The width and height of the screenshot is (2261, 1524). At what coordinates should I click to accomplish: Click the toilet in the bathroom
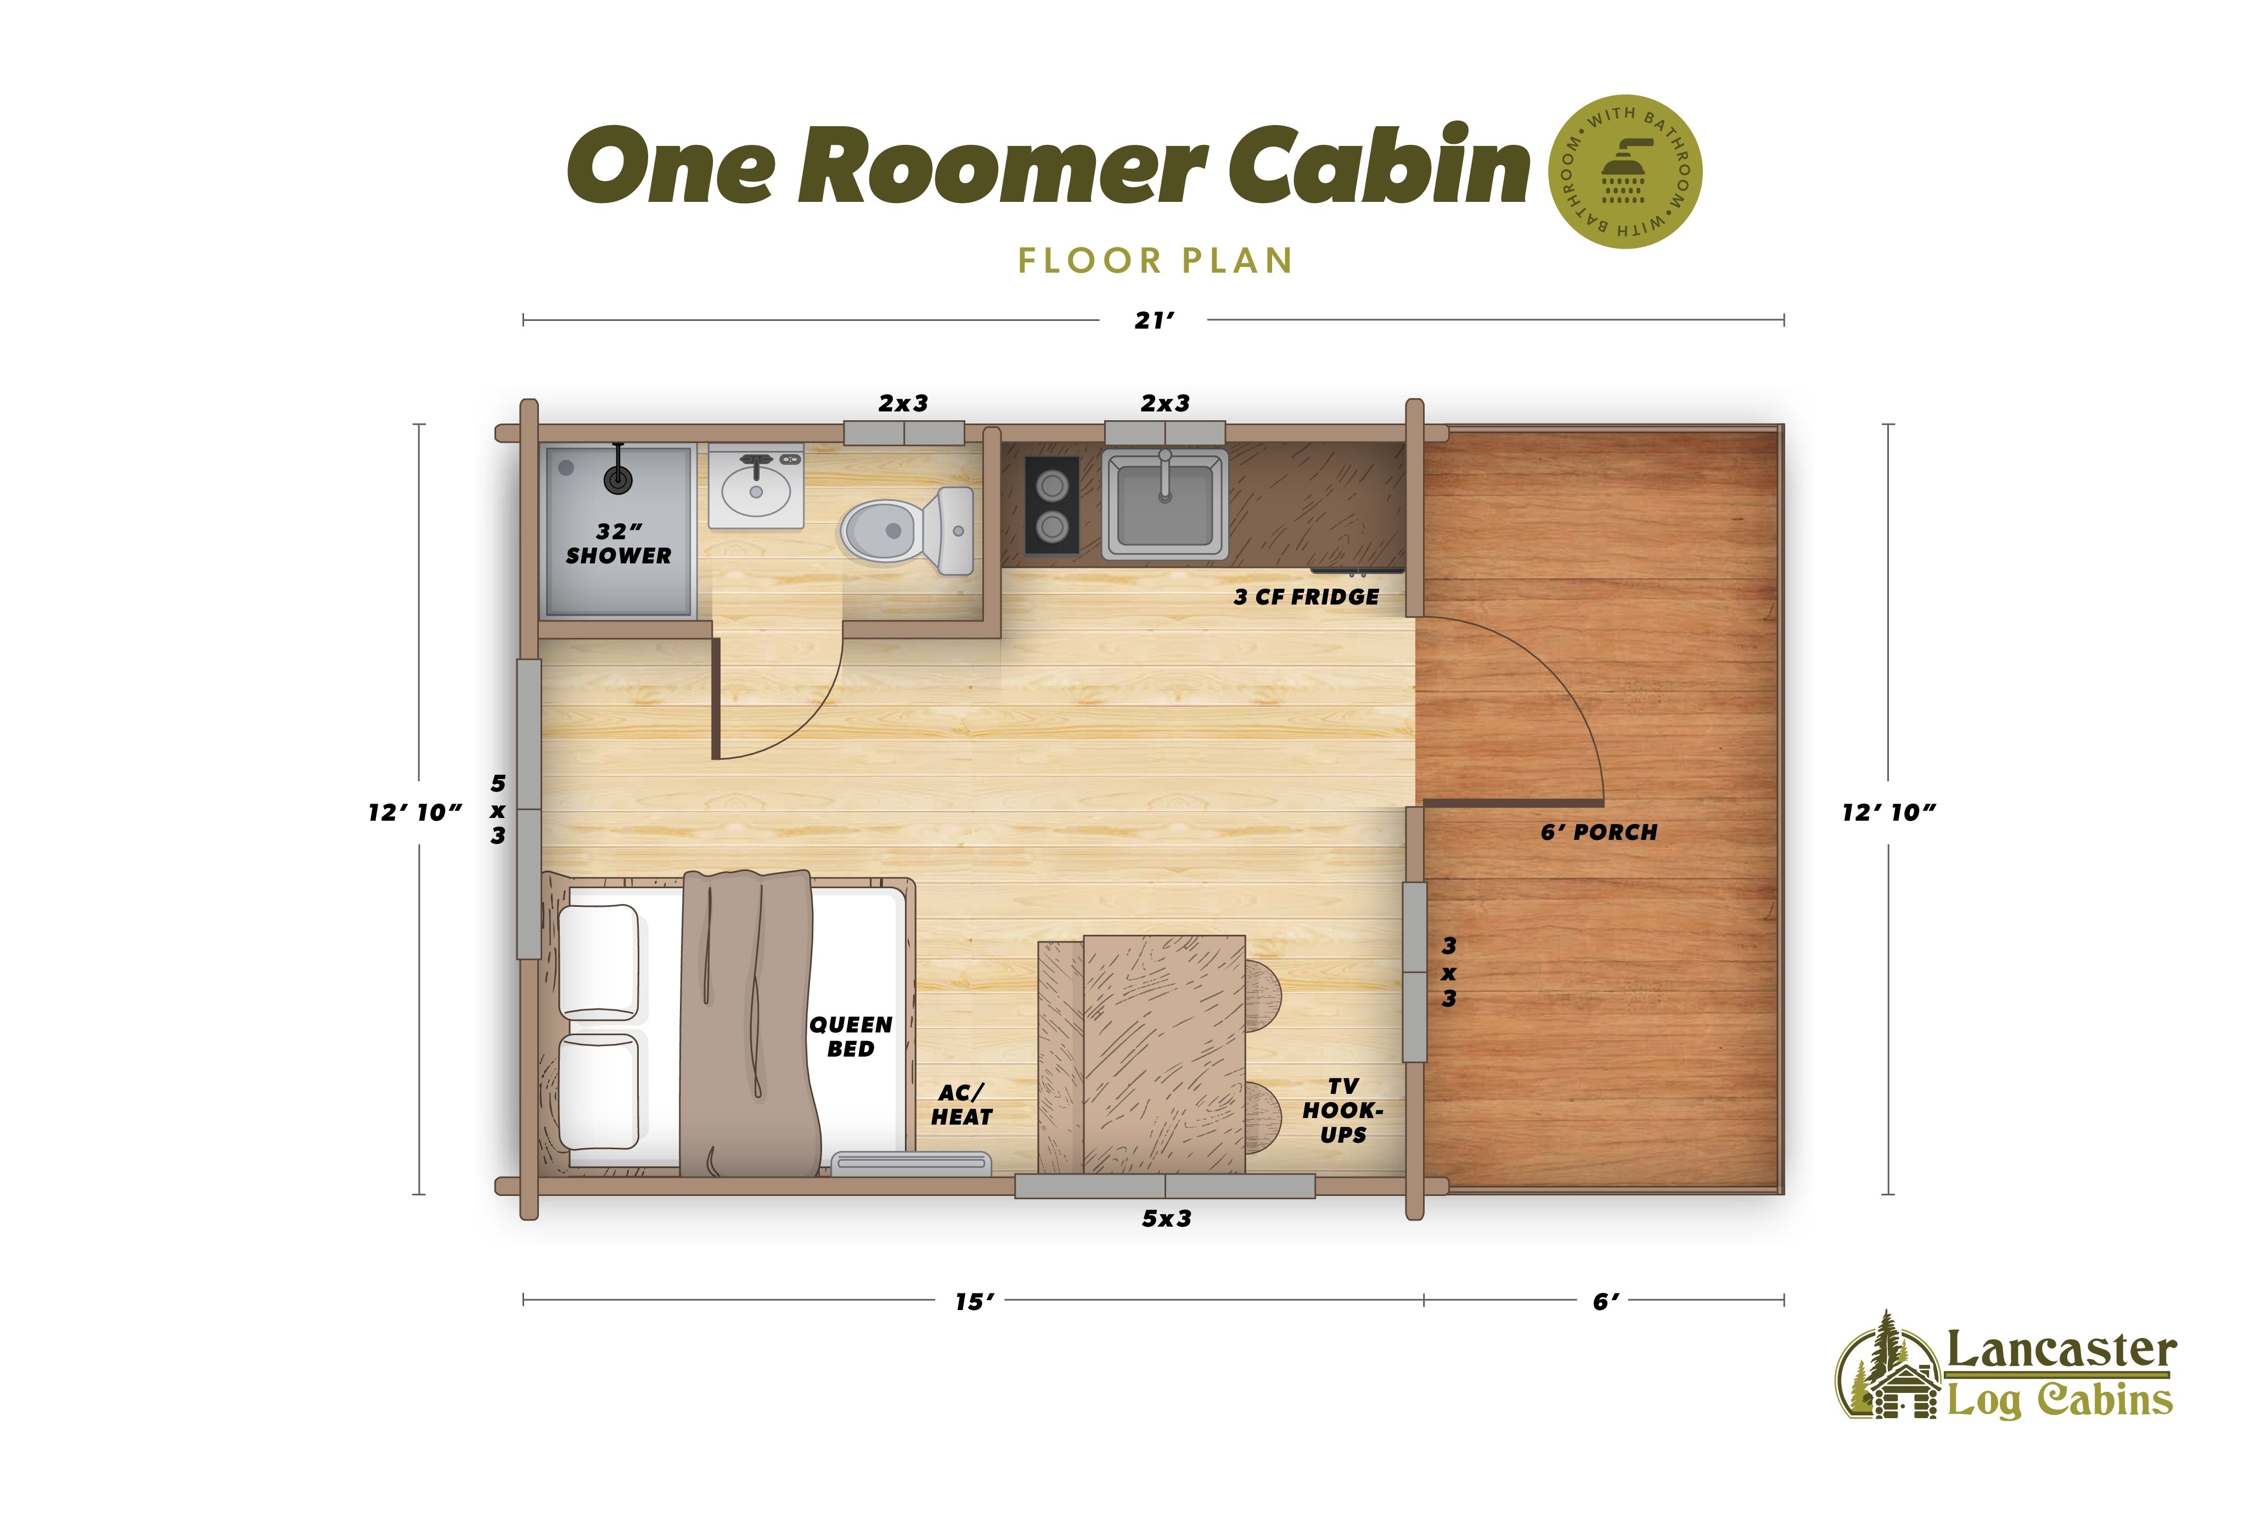[x=907, y=530]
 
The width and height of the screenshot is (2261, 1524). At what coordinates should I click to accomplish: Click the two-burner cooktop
[x=1052, y=505]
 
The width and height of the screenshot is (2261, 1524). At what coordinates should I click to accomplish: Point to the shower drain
[x=618, y=478]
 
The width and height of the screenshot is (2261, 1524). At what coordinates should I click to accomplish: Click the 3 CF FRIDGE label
[x=1306, y=597]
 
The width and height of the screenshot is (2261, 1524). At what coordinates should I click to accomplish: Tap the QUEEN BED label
[x=851, y=1036]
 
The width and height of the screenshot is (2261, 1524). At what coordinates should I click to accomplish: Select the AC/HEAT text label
[x=961, y=1105]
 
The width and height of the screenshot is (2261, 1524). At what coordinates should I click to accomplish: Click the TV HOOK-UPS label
[x=1342, y=1110]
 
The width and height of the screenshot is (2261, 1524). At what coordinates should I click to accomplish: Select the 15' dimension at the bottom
[x=974, y=1301]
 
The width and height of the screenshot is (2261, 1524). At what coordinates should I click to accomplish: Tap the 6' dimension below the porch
[x=1606, y=1301]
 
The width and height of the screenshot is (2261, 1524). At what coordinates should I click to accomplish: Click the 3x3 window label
[x=1448, y=972]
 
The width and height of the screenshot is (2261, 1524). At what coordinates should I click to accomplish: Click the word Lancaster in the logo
[x=2061, y=1351]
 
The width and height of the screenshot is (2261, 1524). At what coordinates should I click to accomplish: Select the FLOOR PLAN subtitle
[x=1155, y=261]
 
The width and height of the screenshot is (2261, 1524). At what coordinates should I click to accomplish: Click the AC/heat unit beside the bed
[x=911, y=1164]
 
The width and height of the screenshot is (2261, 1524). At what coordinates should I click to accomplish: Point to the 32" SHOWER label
[x=618, y=543]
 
